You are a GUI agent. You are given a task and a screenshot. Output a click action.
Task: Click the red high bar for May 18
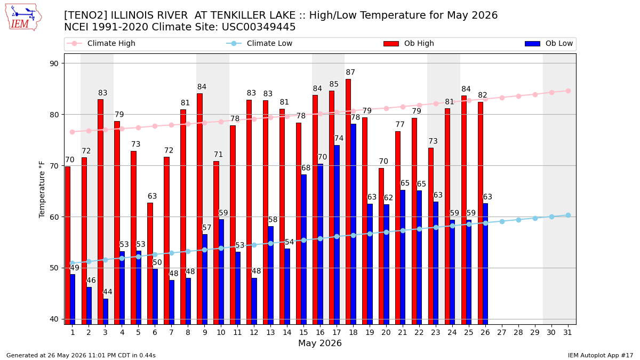[348, 202]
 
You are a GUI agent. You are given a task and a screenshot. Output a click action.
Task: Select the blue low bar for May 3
[106, 311]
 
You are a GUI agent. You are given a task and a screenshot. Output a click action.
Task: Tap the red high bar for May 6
[150, 263]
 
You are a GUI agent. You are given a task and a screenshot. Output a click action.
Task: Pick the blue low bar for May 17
[337, 235]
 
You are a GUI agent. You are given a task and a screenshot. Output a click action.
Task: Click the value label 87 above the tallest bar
[350, 73]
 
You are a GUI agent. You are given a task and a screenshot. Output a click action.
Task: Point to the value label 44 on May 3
[108, 292]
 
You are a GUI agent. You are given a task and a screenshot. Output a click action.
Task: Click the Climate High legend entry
[101, 43]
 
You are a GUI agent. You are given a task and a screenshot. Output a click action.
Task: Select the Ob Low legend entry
[549, 43]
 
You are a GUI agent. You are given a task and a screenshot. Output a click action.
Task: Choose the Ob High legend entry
[409, 43]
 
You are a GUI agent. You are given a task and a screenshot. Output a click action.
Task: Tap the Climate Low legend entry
[259, 43]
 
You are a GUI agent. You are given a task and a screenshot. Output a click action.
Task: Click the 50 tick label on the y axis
[54, 268]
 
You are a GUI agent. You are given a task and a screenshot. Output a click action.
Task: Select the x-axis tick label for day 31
[567, 333]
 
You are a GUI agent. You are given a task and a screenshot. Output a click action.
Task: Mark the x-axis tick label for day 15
[303, 333]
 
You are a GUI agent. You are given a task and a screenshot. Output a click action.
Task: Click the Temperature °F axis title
[42, 189]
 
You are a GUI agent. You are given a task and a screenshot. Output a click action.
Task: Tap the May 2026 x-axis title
[320, 343]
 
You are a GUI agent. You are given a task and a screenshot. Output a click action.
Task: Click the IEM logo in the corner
[23, 17]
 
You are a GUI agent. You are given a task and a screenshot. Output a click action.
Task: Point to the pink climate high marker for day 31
[569, 91]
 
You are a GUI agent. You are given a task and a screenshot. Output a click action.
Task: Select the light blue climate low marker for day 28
[518, 220]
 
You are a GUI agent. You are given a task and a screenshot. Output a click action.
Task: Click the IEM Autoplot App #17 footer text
[601, 355]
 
